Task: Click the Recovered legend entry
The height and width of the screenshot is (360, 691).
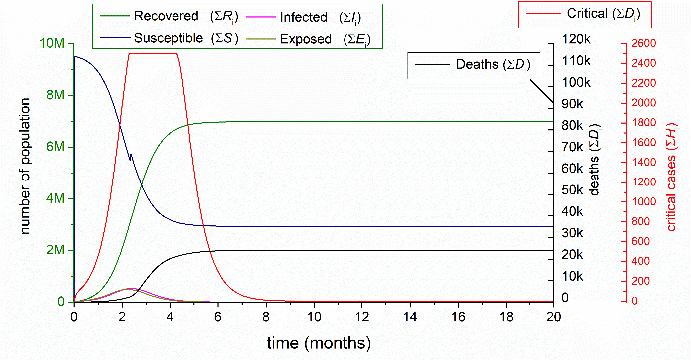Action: point(166,16)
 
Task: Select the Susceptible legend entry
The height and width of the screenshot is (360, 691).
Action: point(169,38)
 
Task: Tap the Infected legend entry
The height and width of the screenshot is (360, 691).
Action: point(303,17)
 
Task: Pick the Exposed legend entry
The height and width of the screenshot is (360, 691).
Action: point(306,39)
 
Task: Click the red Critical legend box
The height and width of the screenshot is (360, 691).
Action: point(585,14)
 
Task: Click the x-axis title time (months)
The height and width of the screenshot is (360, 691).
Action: point(319,343)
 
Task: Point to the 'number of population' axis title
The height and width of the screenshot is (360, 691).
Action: point(26,166)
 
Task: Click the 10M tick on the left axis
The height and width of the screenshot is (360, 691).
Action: point(52,44)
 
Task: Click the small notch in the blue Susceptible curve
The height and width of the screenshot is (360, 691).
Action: point(131,157)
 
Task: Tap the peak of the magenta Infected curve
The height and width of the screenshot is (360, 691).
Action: point(131,288)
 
